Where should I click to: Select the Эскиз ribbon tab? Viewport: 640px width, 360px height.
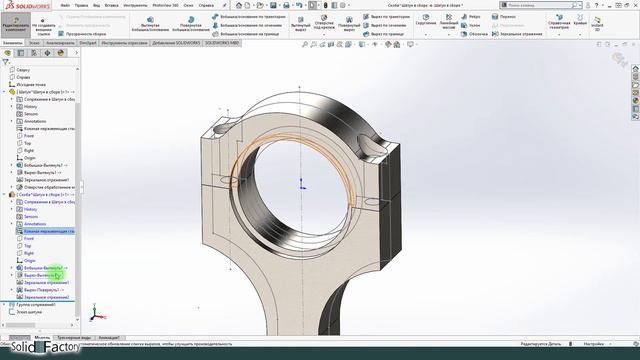pos(35,44)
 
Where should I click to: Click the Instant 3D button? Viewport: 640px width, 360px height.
pos(625,26)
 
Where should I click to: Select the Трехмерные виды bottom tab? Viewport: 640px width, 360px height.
pos(76,338)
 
